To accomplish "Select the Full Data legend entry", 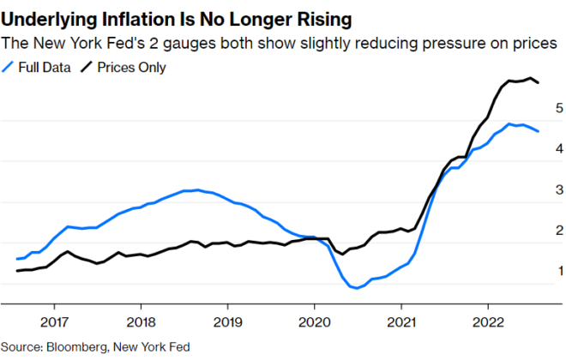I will click(39, 66).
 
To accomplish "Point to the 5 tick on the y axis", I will click(558, 108).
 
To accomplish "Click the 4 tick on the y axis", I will click(558, 148).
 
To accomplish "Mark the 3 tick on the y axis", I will click(558, 189).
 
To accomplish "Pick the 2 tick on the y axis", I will click(558, 230).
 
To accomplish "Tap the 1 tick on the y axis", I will click(558, 271).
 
